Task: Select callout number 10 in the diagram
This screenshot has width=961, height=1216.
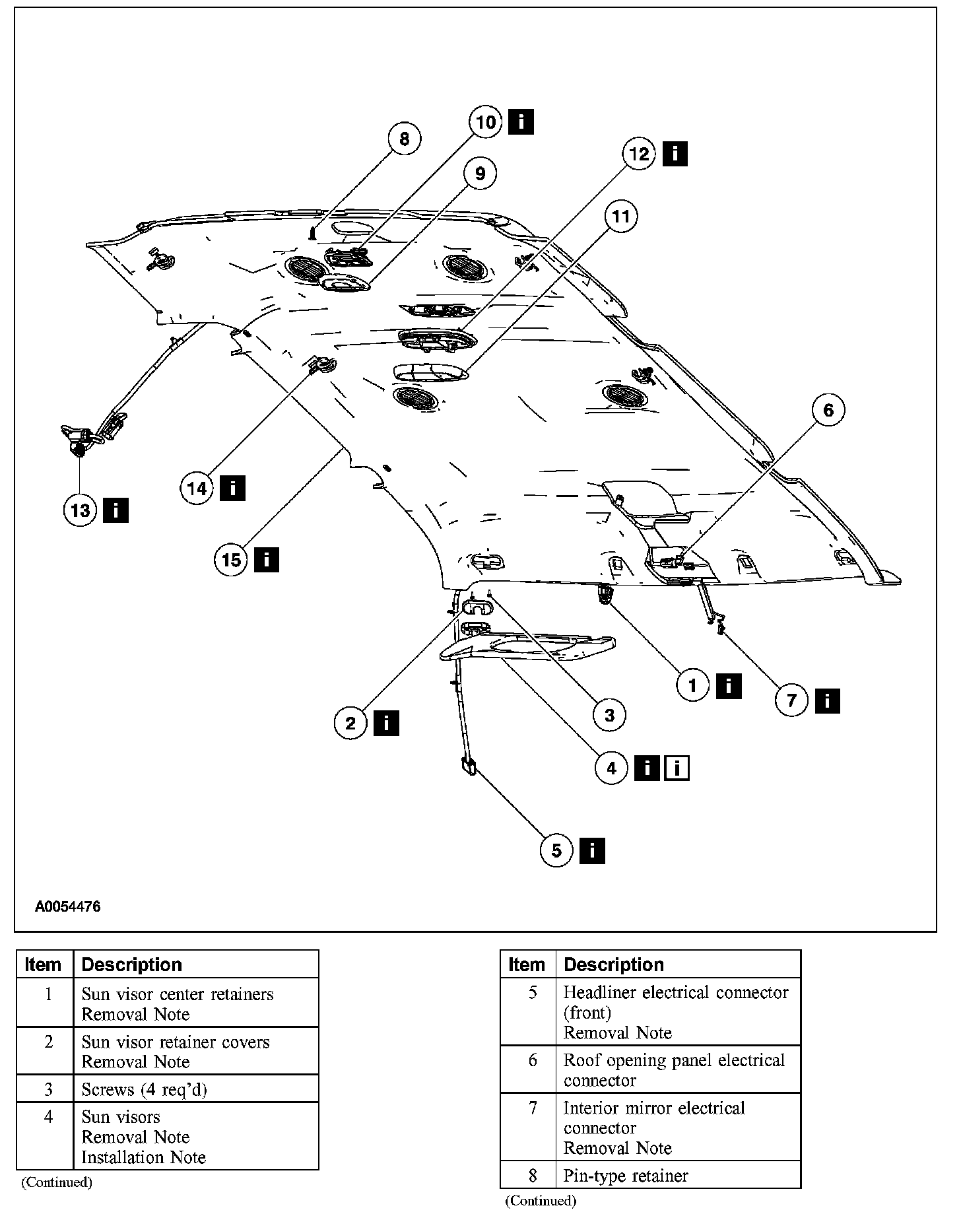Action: [x=486, y=122]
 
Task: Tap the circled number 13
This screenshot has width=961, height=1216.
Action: [x=81, y=510]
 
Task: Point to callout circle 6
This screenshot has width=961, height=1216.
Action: [x=828, y=410]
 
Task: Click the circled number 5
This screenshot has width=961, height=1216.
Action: [x=557, y=850]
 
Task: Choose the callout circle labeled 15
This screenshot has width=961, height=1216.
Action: [x=231, y=560]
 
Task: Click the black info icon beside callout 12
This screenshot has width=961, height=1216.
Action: [x=675, y=154]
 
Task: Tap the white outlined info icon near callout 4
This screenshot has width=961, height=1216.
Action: [x=678, y=768]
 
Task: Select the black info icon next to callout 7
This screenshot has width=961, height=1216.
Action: [x=827, y=700]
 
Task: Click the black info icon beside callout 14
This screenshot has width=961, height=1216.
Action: [x=233, y=489]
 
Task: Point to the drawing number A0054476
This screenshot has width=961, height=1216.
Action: [x=68, y=906]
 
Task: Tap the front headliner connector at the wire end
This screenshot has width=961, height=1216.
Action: [x=468, y=766]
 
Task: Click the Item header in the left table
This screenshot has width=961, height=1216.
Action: [x=44, y=964]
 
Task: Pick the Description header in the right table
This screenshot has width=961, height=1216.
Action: [x=614, y=964]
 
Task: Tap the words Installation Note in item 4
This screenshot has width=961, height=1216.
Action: [x=144, y=1157]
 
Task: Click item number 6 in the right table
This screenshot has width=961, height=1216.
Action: [x=533, y=1060]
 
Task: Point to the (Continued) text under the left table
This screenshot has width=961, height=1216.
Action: [x=57, y=1182]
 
